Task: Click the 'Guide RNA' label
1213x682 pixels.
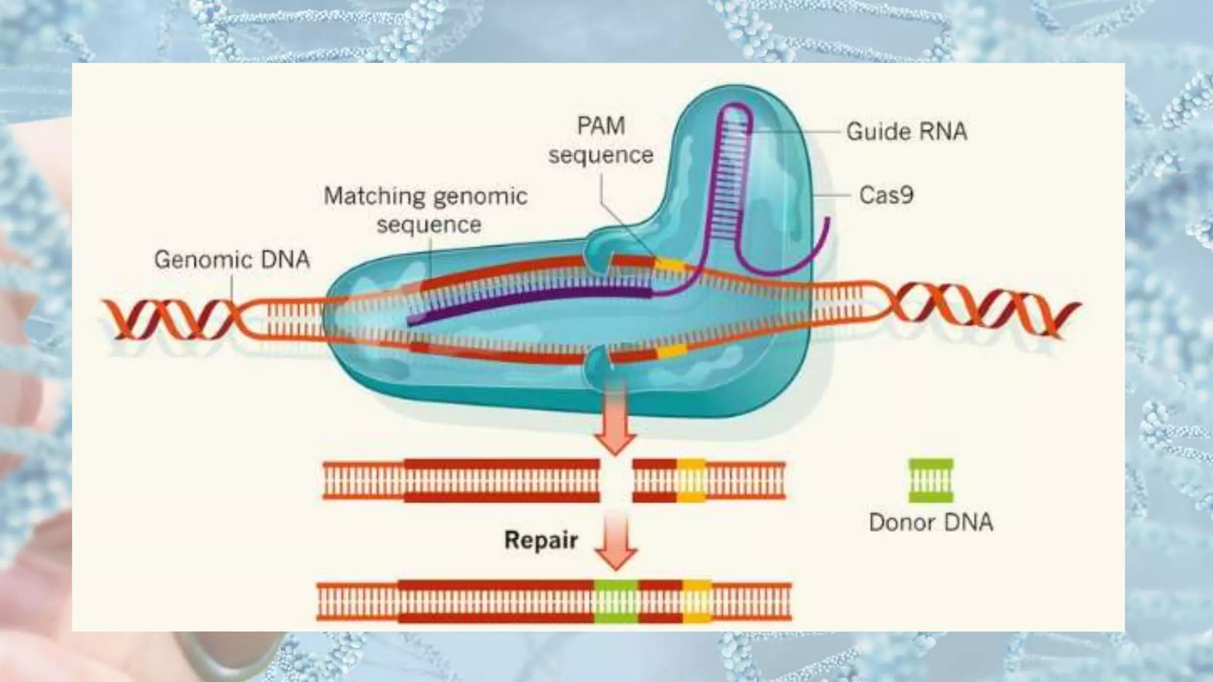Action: pyautogui.click(x=906, y=131)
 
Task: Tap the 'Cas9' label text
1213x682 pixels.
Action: pyautogui.click(x=886, y=195)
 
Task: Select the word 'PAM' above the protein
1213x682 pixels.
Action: pyautogui.click(x=601, y=126)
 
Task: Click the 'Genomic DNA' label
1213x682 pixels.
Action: pyautogui.click(x=232, y=259)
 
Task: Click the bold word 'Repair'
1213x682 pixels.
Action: pyautogui.click(x=541, y=540)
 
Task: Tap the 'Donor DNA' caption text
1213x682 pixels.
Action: pyautogui.click(x=930, y=522)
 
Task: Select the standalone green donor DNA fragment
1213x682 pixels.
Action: pyautogui.click(x=931, y=480)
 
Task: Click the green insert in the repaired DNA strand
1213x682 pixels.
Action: pyautogui.click(x=616, y=601)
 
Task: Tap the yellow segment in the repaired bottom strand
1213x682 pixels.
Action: pyautogui.click(x=697, y=601)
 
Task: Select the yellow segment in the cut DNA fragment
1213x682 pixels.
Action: pyautogui.click(x=691, y=480)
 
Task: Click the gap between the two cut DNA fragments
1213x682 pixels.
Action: pyautogui.click(x=616, y=480)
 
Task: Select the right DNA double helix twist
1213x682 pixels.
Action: pyautogui.click(x=983, y=311)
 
